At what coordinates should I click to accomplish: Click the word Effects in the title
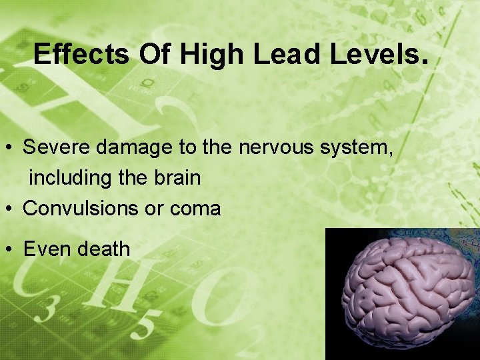(x=81, y=54)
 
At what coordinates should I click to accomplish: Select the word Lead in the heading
(x=279, y=54)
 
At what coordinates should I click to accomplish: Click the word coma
(x=195, y=209)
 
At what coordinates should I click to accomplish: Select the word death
(x=104, y=249)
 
